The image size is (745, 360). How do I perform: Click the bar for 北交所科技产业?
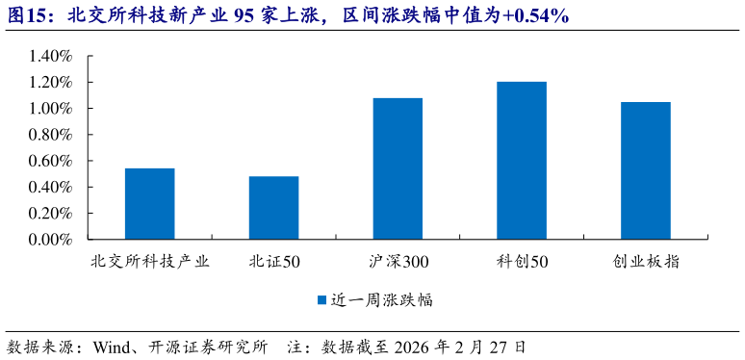149,204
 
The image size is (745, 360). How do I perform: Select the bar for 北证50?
273,208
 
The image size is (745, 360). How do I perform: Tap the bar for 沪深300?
398,168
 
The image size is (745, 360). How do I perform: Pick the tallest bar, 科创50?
522,161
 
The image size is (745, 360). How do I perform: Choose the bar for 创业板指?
645,170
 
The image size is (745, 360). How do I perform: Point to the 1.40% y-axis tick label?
51,57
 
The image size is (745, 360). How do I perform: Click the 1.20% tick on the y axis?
51,83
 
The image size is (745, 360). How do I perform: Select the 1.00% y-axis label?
51,109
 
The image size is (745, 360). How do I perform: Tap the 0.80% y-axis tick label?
51,135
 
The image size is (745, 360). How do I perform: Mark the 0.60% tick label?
51,161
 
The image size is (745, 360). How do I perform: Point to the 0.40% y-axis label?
51,187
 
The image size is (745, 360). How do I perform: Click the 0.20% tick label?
51,213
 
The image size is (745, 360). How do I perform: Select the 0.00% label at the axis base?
51,239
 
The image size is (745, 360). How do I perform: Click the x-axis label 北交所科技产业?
149,261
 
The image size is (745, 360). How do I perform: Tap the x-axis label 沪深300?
398,261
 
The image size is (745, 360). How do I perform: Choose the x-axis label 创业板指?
645,261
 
